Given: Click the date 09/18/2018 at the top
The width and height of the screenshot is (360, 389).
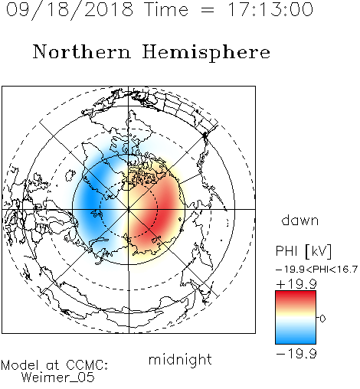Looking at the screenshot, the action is (70, 10).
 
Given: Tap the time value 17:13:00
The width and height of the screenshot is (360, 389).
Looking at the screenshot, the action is (270, 9).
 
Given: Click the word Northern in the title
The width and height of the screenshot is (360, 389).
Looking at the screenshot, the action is (82, 52).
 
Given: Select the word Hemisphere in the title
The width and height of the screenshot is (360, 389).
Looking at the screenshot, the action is (206, 53).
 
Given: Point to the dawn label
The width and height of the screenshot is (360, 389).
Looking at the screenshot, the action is (300, 221).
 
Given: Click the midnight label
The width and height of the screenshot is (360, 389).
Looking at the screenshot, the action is (180, 359).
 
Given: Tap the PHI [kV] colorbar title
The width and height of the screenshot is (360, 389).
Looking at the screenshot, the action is (303, 251).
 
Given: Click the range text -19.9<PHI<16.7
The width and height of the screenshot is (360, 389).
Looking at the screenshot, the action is (316, 270).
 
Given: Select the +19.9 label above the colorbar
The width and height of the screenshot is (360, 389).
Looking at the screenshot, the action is (296, 284).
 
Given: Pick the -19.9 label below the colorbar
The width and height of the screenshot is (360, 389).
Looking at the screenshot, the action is (296, 354).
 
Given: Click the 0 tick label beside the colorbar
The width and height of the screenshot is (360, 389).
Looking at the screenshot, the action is (322, 319).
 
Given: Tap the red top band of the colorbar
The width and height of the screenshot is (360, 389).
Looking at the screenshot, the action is (296, 296).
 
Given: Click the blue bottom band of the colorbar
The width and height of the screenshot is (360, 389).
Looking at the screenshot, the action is (296, 339).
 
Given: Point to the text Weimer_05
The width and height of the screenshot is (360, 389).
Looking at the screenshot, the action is (58, 378).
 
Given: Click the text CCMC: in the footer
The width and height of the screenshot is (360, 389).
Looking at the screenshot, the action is (87, 365).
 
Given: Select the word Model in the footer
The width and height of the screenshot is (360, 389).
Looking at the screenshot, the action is (20, 365).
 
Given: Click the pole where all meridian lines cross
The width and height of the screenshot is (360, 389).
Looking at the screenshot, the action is (129, 209).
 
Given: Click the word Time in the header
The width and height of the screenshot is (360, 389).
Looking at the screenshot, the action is (166, 9).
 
